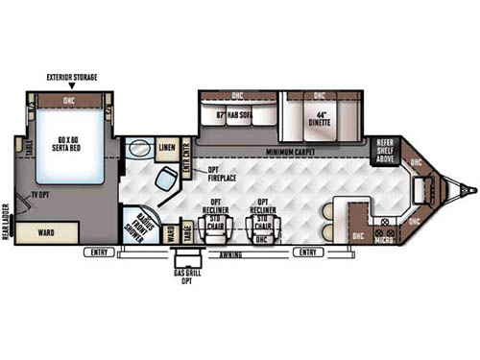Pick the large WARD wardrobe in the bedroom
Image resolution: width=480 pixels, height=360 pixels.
coord(46,231)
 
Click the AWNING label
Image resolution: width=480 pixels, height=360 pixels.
coord(230,253)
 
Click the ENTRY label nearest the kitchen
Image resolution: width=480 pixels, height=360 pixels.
coord(307,252)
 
